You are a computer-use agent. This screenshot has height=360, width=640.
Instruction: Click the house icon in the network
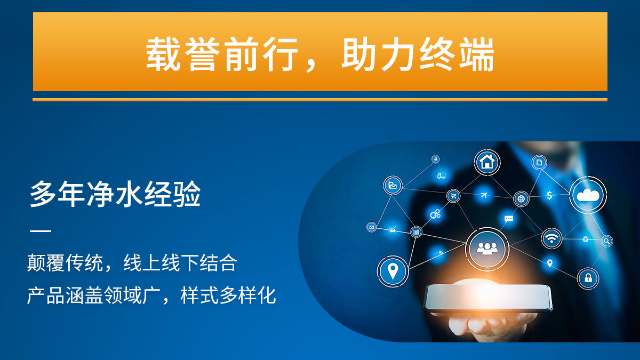point(487,162)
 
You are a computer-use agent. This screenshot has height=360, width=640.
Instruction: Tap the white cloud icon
point(588,195)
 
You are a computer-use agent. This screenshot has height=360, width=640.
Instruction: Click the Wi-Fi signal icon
point(551,238)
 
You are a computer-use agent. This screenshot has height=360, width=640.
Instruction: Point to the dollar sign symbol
point(549,195)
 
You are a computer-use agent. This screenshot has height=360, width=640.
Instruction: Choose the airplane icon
point(483,195)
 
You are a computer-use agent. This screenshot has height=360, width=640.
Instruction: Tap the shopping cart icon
point(453,196)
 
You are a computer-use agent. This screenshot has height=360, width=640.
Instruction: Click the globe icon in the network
point(521,198)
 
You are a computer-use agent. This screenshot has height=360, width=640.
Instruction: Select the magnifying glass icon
point(606,241)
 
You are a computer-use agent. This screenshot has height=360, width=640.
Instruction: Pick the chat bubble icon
point(509,219)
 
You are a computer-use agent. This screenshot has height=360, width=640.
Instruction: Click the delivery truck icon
point(441,175)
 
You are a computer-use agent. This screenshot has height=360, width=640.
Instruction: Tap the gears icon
point(435,214)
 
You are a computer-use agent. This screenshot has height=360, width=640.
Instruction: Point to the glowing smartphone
point(487,298)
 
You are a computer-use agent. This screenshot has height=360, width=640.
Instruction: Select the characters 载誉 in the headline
point(183,54)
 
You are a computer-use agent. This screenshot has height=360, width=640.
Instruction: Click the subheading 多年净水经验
point(115,194)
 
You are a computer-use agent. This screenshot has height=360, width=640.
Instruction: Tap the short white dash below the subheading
point(41,230)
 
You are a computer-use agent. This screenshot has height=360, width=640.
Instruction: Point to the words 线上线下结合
point(180,263)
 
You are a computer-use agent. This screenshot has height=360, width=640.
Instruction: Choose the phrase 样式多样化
point(228,295)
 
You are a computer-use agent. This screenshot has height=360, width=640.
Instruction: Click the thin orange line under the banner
point(320,100)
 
